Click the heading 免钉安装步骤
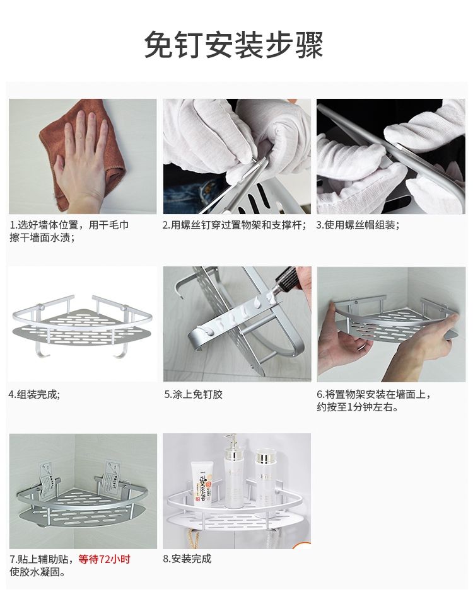coord(233,45)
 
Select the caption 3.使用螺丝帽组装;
coord(358,225)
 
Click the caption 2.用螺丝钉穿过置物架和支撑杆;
coord(235,225)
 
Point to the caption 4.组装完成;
coord(34,394)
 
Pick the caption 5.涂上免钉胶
coord(193,394)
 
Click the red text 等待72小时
coord(105,559)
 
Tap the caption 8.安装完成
coord(187,559)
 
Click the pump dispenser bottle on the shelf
coord(234,472)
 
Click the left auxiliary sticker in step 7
coord(48,481)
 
